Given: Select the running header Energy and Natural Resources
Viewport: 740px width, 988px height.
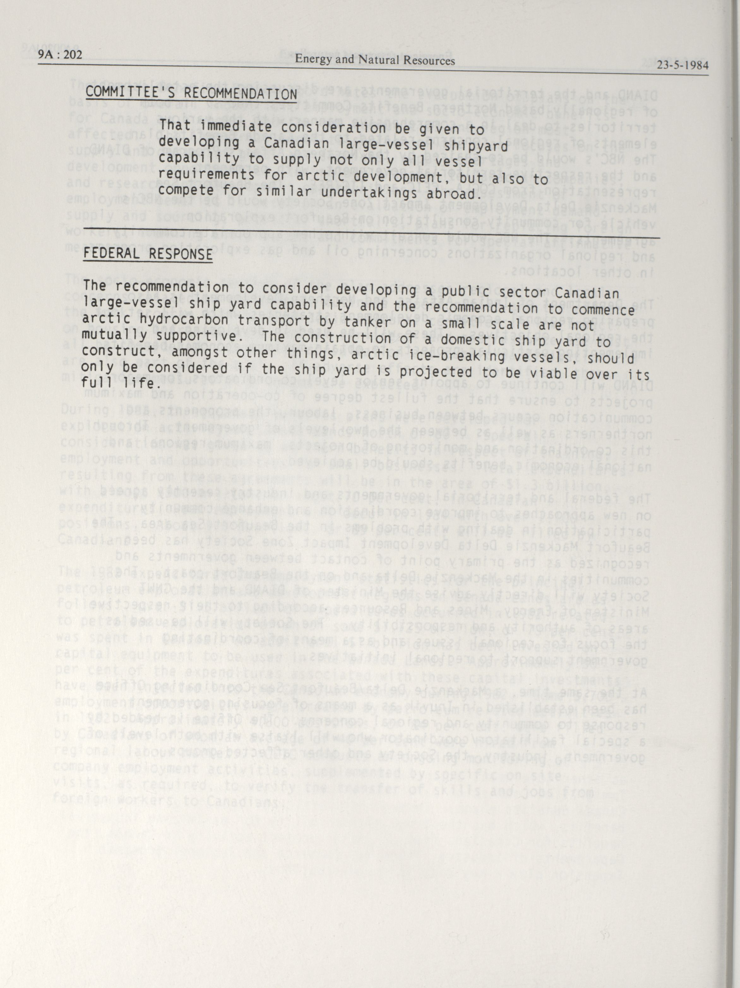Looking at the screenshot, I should (375, 60).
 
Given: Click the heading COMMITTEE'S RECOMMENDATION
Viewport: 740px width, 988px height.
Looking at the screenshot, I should (191, 94).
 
